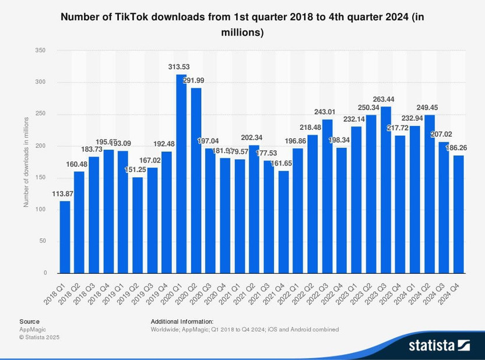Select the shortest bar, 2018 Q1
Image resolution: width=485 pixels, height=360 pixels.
coord(65,237)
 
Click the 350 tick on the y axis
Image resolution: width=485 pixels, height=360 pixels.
coord(40,51)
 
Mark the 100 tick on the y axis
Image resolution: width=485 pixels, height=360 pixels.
coord(40,209)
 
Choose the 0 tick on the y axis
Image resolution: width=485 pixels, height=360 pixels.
coord(44,273)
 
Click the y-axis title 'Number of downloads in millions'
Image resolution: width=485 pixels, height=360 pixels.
coord(26,161)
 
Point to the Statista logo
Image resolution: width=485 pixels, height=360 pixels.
coord(439,345)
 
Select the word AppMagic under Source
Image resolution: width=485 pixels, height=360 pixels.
coord(33,329)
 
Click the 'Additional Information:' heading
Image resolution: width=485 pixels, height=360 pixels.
coord(182,322)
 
